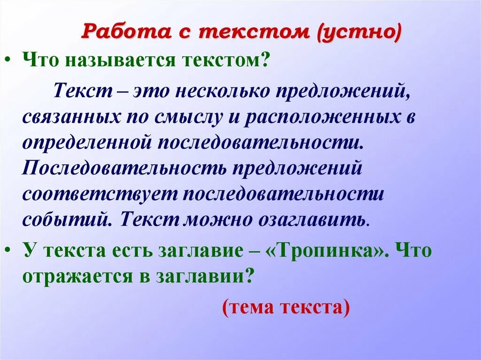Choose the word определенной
tap(83, 142)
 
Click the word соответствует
tap(97, 194)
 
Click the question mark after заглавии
tap(249, 276)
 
